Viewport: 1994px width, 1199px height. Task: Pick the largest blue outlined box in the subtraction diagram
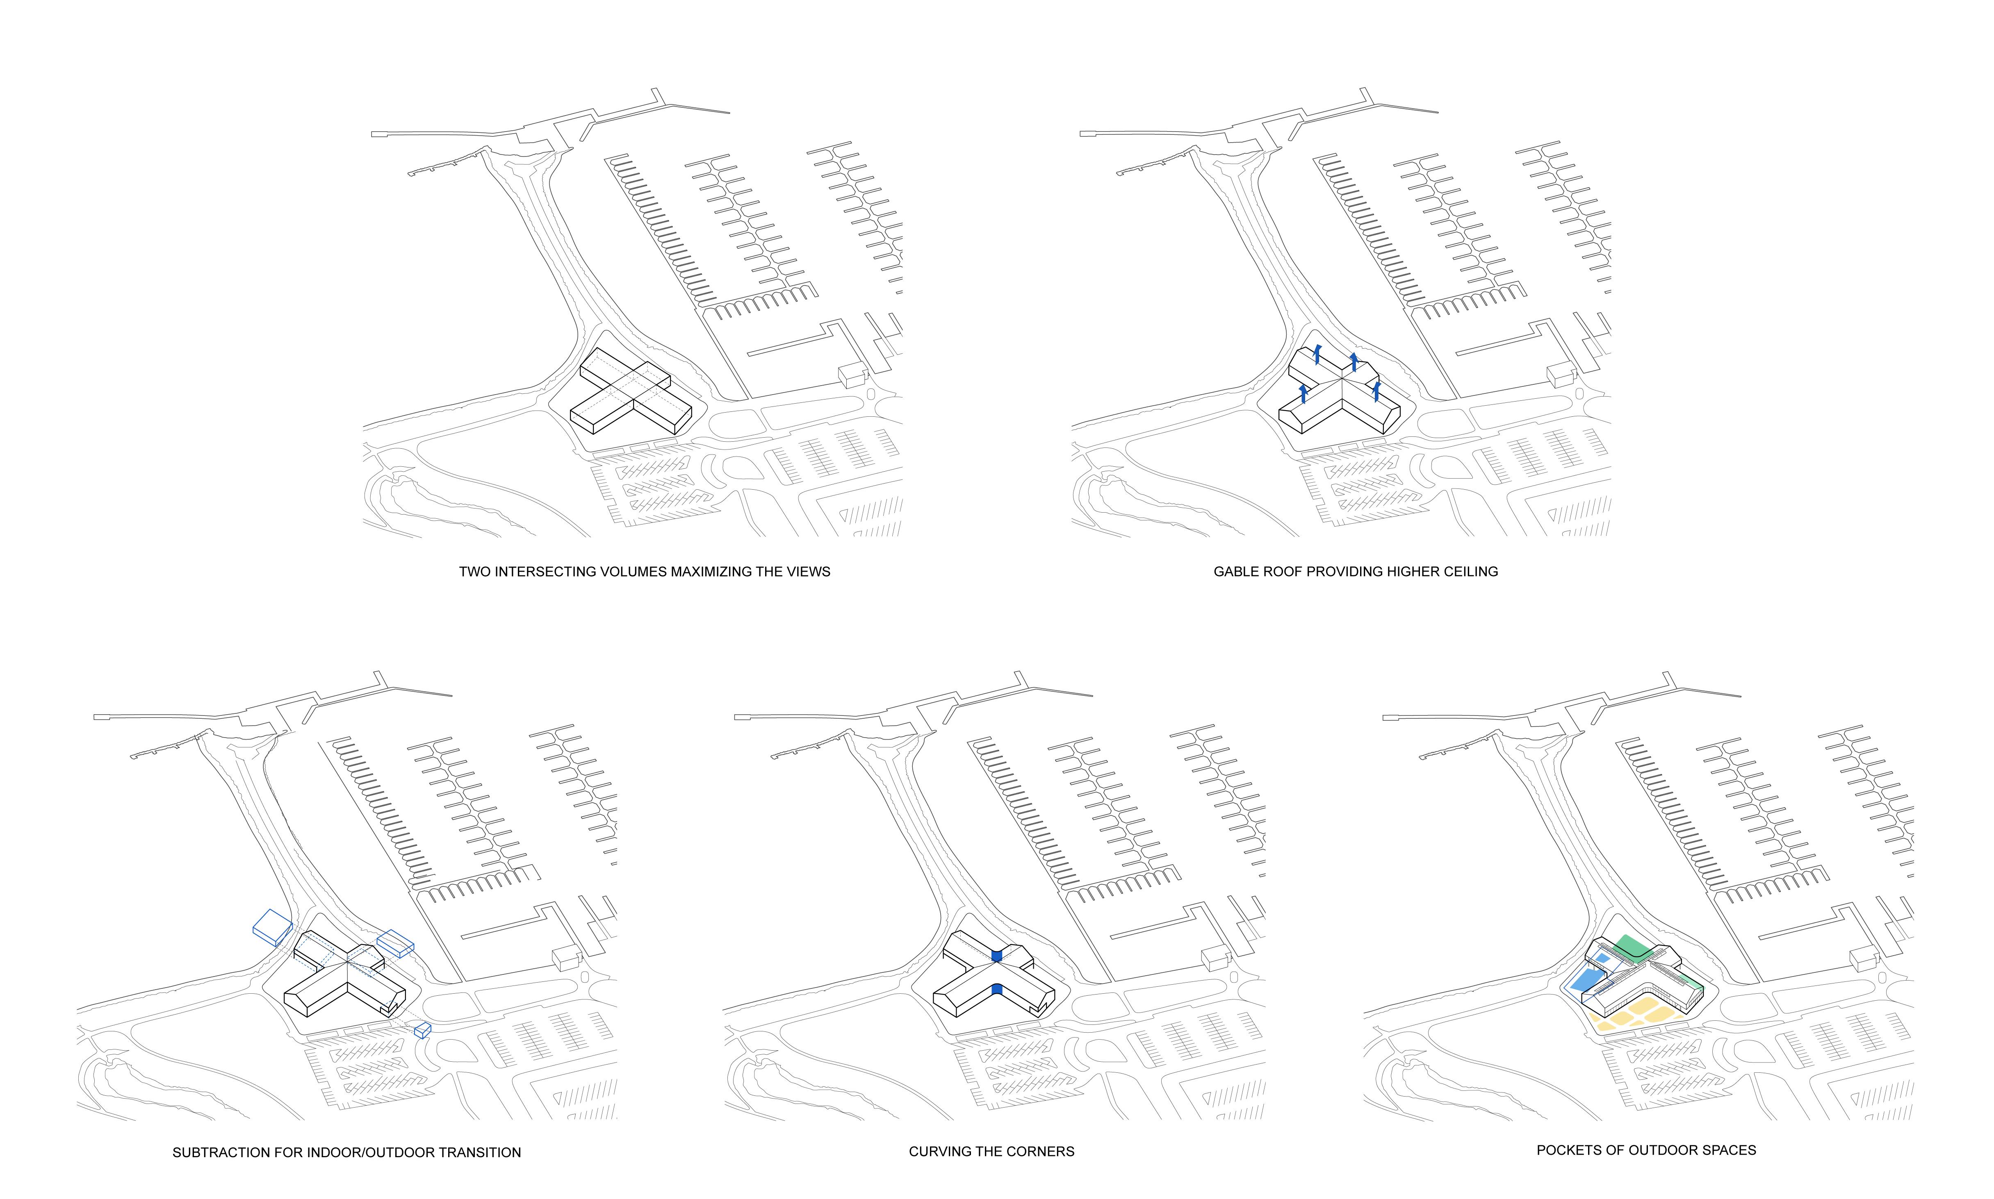click(x=272, y=926)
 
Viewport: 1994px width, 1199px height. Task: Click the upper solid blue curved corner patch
click(x=997, y=956)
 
